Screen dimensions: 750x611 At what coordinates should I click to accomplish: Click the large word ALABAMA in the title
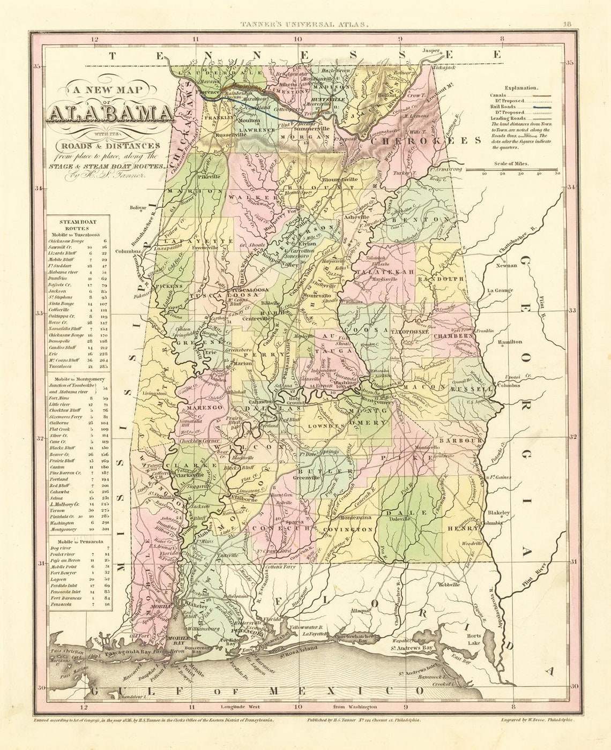pyautogui.click(x=110, y=114)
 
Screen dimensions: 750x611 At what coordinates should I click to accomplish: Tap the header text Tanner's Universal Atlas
pyautogui.click(x=304, y=24)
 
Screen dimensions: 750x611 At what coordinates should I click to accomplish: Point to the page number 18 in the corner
pyautogui.click(x=568, y=24)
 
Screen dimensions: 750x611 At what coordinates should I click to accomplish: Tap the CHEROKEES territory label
pyautogui.click(x=426, y=140)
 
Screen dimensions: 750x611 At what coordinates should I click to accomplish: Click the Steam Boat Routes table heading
pyautogui.click(x=78, y=224)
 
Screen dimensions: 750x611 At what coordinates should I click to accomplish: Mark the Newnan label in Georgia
pyautogui.click(x=506, y=265)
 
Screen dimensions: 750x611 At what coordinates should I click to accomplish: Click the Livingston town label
pyautogui.click(x=154, y=393)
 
